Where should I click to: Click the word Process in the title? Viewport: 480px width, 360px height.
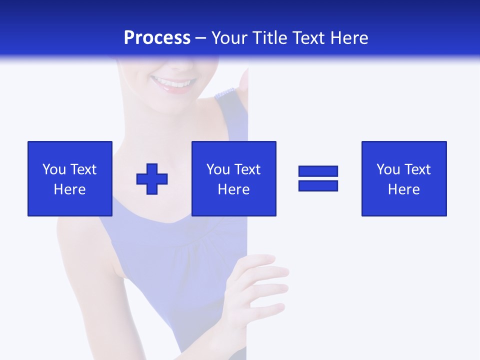click(x=157, y=38)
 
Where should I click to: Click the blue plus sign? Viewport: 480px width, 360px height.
click(x=152, y=179)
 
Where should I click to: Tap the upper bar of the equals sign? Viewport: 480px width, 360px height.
click(x=318, y=171)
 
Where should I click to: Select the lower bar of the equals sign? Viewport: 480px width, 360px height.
click(x=318, y=185)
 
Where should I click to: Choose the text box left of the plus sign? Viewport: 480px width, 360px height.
click(x=70, y=178)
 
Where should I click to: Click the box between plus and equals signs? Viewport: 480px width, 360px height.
click(x=234, y=178)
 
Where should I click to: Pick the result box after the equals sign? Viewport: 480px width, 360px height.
click(x=404, y=178)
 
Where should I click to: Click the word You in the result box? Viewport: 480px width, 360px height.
click(x=388, y=169)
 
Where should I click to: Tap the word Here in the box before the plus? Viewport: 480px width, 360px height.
click(x=70, y=189)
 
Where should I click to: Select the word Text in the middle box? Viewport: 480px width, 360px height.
click(x=247, y=169)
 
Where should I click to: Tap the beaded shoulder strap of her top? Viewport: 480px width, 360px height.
click(x=225, y=93)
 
